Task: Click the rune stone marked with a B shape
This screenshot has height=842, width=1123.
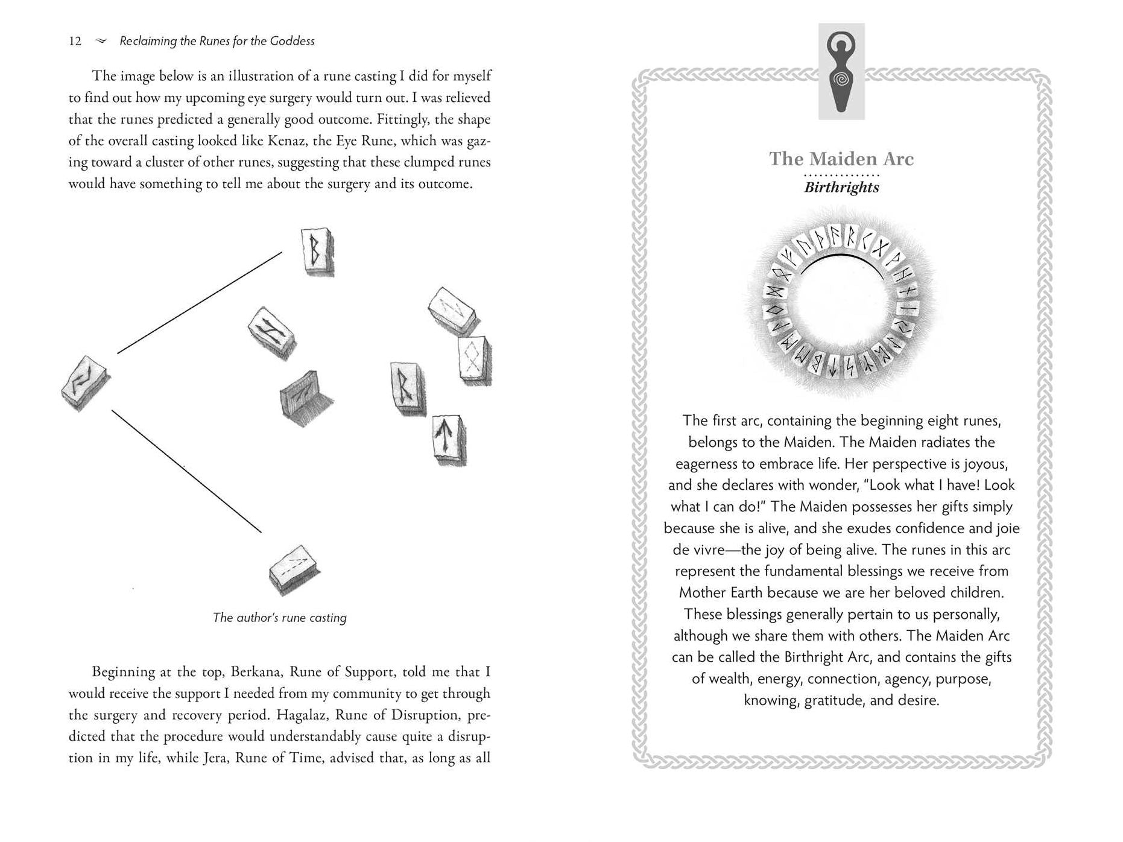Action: [317, 252]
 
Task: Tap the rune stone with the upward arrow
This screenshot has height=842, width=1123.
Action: [449, 439]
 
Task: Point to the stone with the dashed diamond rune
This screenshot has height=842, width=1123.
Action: [474, 360]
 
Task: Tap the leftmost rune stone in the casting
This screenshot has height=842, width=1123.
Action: [86, 384]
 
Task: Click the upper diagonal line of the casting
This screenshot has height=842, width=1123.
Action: [199, 303]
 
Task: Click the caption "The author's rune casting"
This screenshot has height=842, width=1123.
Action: [280, 618]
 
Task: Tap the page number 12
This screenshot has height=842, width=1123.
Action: [75, 41]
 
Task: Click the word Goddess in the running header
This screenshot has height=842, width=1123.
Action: [293, 41]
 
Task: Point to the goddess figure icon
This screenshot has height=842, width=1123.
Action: [841, 71]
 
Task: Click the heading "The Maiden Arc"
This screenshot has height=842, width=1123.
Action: [841, 159]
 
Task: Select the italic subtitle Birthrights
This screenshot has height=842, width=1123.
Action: [841, 187]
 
